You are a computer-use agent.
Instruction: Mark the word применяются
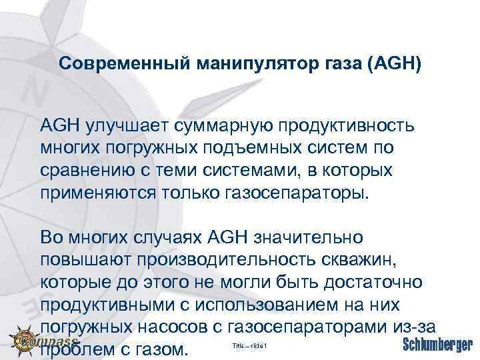98,193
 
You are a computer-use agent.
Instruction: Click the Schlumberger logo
437,345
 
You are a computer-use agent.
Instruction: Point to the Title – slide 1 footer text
249,346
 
